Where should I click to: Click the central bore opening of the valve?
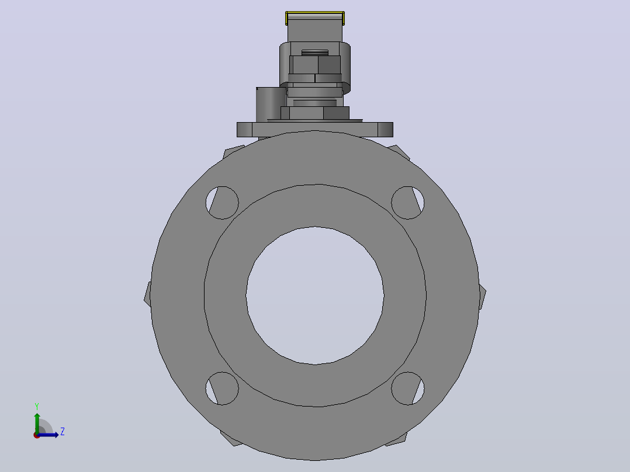click(315, 296)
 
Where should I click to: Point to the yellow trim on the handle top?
click(315, 13)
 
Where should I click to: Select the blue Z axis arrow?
click(47, 435)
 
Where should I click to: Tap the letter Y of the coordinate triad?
click(37, 407)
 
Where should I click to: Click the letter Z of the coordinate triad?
click(63, 432)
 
